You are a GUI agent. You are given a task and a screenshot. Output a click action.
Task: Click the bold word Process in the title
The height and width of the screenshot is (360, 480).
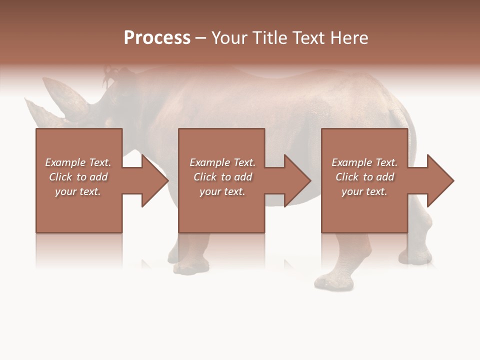click(x=157, y=38)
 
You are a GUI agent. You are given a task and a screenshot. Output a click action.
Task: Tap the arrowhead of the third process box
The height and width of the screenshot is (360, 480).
click(x=439, y=180)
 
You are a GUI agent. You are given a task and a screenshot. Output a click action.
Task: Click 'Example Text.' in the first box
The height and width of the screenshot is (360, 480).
click(x=78, y=162)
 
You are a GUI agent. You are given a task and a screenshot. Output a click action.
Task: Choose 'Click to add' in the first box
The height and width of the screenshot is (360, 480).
click(x=78, y=177)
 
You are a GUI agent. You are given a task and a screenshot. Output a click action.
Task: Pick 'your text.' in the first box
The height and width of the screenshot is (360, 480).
click(x=78, y=191)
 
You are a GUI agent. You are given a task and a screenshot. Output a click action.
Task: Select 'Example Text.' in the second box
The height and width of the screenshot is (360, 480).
click(x=222, y=162)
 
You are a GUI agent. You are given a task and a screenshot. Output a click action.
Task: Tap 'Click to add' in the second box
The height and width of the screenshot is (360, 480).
click(x=222, y=177)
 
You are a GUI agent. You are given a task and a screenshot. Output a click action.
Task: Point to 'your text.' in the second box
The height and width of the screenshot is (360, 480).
click(x=222, y=191)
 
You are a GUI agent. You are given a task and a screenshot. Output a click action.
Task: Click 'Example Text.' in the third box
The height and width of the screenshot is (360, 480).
click(x=364, y=162)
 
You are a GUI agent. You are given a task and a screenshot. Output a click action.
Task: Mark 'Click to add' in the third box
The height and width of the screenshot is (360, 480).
click(x=364, y=177)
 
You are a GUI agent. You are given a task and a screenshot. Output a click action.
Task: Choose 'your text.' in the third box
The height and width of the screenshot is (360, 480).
click(x=364, y=191)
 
